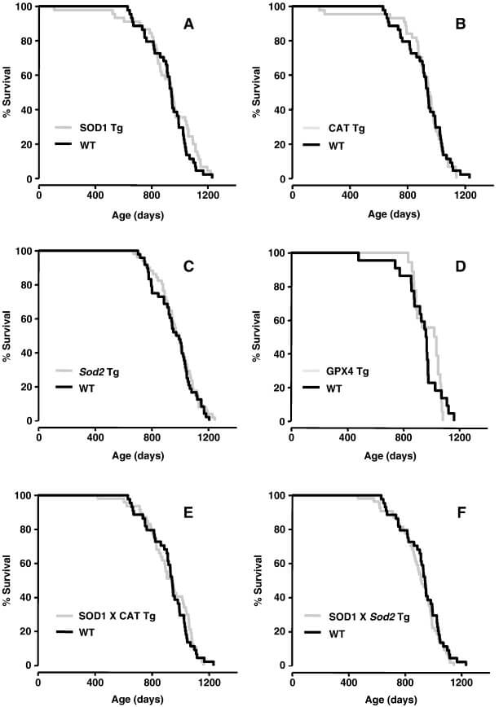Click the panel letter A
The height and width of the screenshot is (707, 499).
(188, 24)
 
